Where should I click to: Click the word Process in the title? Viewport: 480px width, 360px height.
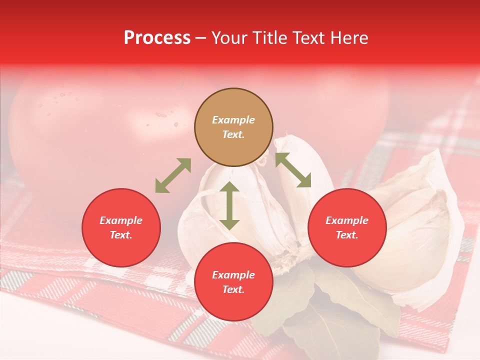(x=157, y=38)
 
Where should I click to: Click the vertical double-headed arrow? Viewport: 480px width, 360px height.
(x=229, y=205)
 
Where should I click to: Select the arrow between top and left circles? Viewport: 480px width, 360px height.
(x=173, y=175)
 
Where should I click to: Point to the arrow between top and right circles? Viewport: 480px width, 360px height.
(x=293, y=170)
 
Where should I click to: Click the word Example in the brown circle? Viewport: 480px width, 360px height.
(x=233, y=120)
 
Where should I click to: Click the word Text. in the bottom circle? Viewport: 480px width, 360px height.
(x=233, y=289)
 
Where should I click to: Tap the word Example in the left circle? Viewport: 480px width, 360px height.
(x=121, y=220)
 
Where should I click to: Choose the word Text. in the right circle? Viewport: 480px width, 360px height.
(x=347, y=235)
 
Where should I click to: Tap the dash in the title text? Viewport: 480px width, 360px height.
(x=201, y=38)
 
